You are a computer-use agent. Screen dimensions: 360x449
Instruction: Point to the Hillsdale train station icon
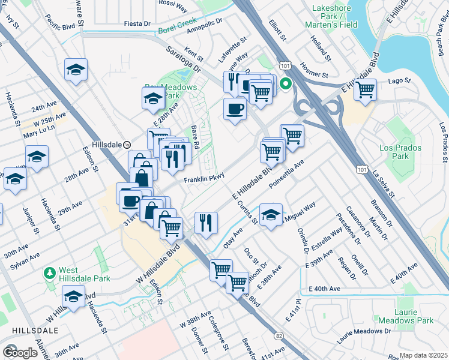(127, 145)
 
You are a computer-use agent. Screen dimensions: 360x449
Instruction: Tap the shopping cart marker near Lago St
(365, 90)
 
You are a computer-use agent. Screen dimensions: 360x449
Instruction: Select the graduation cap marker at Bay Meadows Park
(154, 98)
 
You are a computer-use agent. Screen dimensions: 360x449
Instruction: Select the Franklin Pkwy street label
(203, 179)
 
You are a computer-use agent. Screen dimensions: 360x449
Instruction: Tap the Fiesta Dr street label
(137, 23)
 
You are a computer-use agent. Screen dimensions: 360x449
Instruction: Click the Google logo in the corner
(20, 352)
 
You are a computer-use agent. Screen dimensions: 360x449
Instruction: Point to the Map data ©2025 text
(424, 355)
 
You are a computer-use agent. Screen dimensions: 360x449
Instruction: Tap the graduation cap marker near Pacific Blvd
(76, 70)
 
